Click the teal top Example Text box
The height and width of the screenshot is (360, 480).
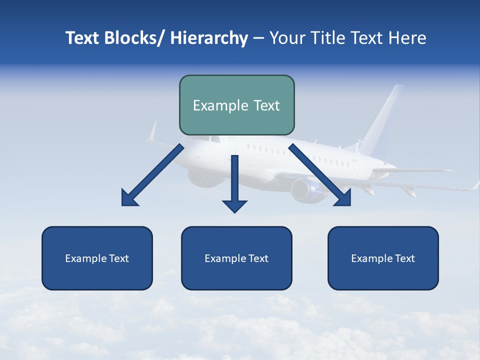[236, 105]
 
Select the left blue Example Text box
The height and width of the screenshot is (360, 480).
[97, 258]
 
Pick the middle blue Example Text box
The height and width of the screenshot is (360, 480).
[236, 258]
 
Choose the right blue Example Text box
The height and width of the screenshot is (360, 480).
[383, 258]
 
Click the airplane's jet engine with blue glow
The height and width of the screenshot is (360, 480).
[307, 190]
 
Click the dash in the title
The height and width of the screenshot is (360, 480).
[258, 38]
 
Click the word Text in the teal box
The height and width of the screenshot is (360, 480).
[263, 105]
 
